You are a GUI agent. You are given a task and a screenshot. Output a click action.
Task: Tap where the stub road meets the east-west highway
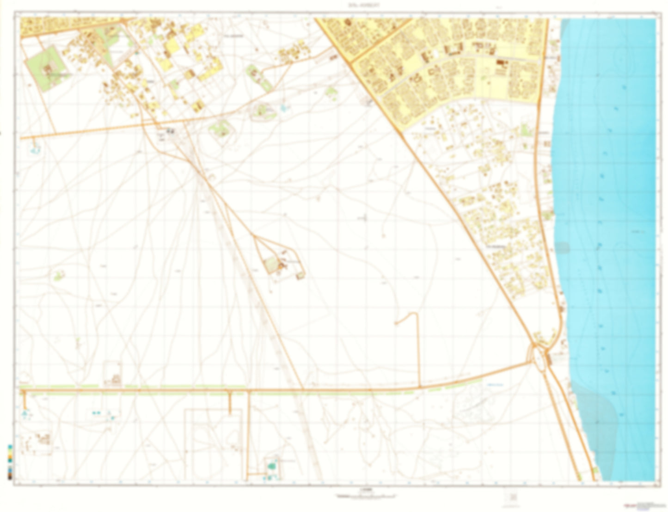point(419,387)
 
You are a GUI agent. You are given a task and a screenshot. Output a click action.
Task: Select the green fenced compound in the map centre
point(272,265)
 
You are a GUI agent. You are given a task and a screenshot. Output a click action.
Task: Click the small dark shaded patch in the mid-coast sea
point(563,248)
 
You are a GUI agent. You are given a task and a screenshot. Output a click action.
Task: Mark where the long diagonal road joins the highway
point(303,389)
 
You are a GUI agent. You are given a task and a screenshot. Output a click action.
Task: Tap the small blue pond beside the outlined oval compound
point(283,109)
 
